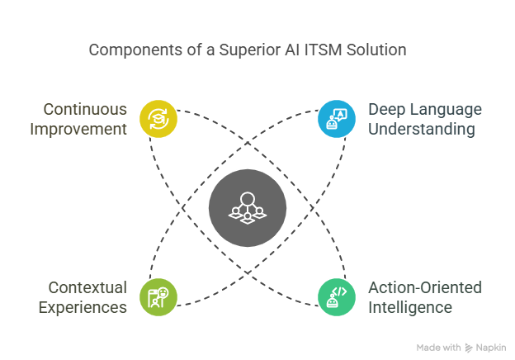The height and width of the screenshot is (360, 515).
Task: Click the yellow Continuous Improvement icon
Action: tap(158, 119)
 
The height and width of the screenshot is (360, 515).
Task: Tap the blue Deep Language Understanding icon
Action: tap(337, 119)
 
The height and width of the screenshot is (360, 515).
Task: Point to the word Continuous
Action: tap(85, 110)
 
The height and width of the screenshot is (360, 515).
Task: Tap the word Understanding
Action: tap(421, 129)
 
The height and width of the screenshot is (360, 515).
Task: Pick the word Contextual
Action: tap(87, 288)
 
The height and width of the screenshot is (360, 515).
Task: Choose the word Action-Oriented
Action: tap(424, 288)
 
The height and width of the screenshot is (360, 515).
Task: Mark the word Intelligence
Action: tap(410, 307)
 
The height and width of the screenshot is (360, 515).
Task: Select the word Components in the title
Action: tap(130, 50)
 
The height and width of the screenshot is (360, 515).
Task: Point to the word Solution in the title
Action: tap(376, 50)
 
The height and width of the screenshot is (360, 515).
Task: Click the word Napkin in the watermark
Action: tap(492, 348)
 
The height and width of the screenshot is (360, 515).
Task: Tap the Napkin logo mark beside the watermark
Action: tap(469, 348)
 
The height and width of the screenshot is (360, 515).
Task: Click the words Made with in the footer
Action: tap(438, 348)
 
